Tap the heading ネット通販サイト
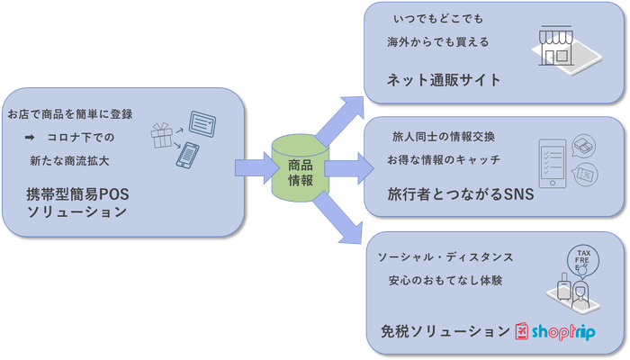pyautogui.click(x=443, y=80)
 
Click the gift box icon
pyautogui.click(x=164, y=137)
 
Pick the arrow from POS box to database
pyautogui.click(x=255, y=167)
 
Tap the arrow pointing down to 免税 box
pyautogui.click(x=341, y=225)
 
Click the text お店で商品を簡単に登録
pyautogui.click(x=70, y=114)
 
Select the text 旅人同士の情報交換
pyautogui.click(x=443, y=137)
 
